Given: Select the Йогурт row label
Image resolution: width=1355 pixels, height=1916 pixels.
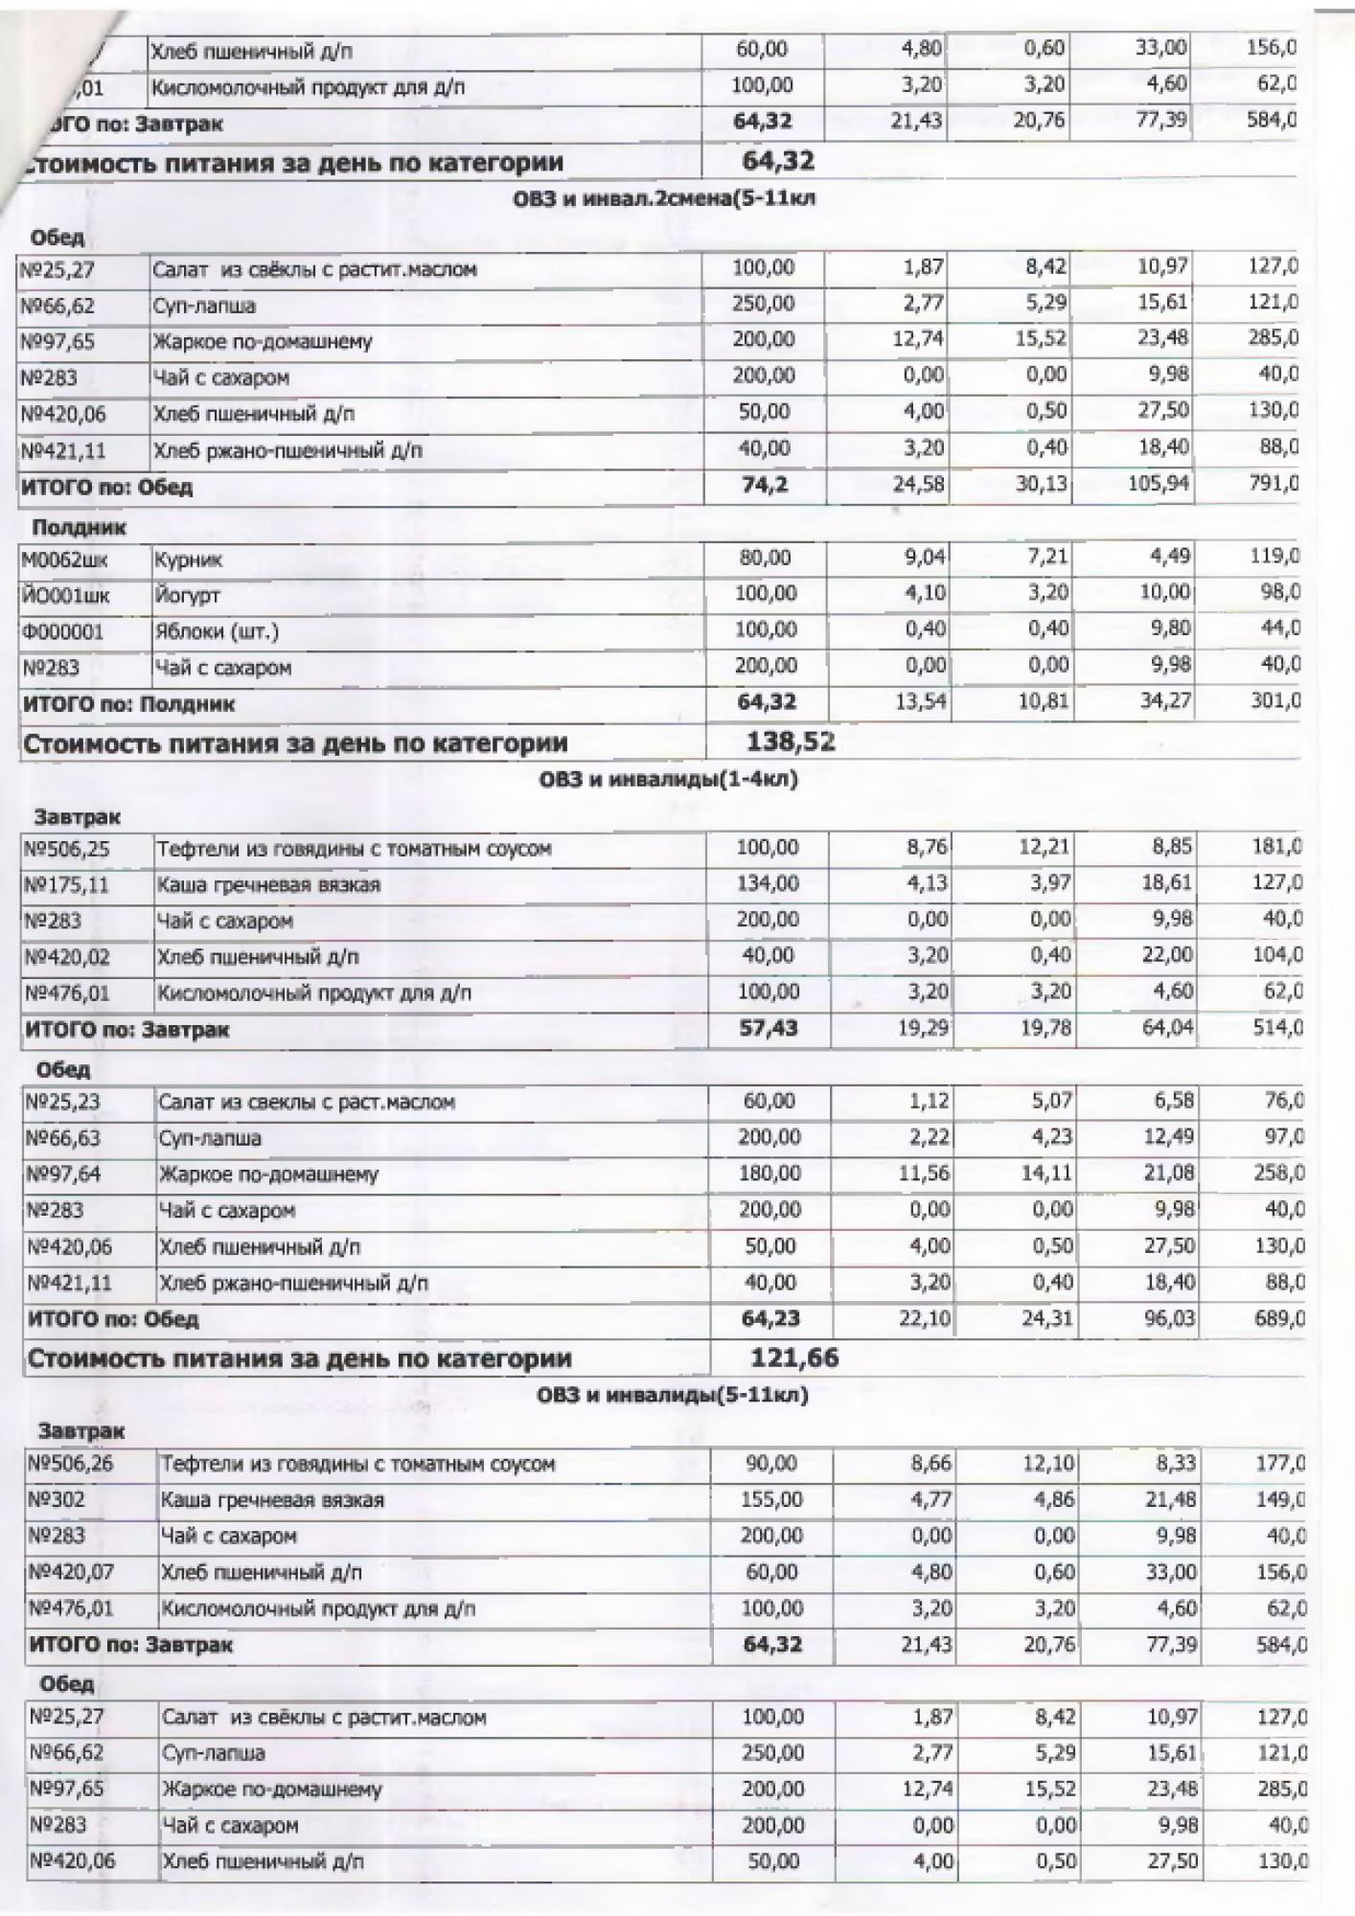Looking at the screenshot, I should click(x=187, y=596).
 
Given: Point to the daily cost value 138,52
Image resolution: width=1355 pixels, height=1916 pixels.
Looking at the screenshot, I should click(x=790, y=741).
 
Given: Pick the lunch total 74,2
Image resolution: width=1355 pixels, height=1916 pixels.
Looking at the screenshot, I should click(x=765, y=485).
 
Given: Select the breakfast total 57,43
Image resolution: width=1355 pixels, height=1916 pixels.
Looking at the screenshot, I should click(x=769, y=1029).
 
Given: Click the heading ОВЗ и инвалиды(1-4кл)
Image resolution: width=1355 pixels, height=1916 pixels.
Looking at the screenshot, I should click(x=668, y=780).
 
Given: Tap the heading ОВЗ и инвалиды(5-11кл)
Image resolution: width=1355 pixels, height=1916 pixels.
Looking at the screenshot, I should click(x=673, y=1395).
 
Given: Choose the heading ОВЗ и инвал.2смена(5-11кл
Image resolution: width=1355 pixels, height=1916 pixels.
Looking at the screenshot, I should click(x=664, y=199).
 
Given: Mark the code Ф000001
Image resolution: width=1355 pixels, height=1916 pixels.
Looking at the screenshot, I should click(x=62, y=632).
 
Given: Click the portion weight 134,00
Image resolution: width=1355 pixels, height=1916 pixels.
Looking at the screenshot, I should click(x=767, y=883).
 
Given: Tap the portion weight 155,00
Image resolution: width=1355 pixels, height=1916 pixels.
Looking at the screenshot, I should click(x=771, y=1499).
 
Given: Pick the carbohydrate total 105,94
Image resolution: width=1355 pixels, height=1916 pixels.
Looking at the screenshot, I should click(x=1159, y=484).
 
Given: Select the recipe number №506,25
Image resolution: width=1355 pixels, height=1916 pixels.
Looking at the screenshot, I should click(x=68, y=849).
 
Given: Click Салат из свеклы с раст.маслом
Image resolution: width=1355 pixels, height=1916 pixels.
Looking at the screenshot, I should click(x=307, y=1103).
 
